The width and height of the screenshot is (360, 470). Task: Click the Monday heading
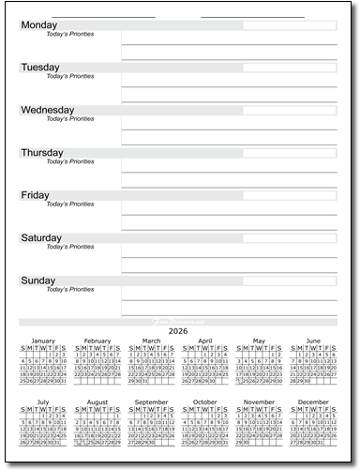38,25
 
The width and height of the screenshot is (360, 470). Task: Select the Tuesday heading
40,68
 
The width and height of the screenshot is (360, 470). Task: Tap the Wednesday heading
48,110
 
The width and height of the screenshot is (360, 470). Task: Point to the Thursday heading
42,152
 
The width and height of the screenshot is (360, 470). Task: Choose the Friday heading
35,195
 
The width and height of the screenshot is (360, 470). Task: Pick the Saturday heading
42,237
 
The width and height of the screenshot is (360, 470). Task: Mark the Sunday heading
37,280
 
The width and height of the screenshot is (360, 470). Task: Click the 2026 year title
179,330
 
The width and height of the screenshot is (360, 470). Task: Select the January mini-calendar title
43,341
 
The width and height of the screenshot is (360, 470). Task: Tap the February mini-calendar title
97,341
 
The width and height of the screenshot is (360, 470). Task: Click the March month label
151,341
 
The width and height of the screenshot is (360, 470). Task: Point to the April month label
204,341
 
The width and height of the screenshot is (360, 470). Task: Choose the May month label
259,341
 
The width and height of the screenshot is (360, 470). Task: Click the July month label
43,402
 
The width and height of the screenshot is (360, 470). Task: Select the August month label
97,402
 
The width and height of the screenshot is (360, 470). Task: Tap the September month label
151,402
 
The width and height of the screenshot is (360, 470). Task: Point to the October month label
204,402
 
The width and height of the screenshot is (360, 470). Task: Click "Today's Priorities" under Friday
70,205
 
